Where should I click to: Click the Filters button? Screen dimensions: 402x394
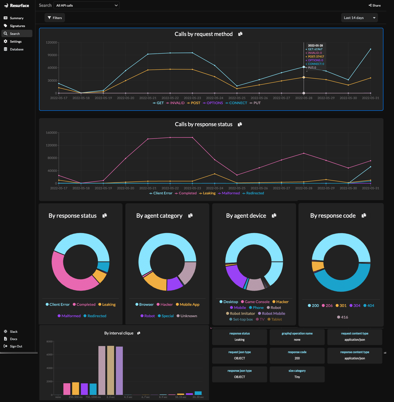tap(55, 18)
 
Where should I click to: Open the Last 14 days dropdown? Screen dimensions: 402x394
tap(359, 18)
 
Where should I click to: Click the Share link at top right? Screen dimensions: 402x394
tap(375, 6)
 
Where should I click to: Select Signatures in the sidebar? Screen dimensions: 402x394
tap(17, 26)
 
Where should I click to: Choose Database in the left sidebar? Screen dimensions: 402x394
tap(17, 49)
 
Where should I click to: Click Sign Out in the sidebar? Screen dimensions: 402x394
tap(16, 346)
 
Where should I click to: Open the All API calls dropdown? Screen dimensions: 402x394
tap(86, 6)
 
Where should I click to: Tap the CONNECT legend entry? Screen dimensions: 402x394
tap(236, 103)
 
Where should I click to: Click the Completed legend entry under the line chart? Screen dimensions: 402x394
tap(186, 193)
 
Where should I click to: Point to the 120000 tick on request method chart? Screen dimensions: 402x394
tap(51, 43)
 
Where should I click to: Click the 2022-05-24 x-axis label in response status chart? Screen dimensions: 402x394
tap(215, 188)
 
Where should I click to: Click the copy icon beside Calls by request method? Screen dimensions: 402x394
tap(240, 34)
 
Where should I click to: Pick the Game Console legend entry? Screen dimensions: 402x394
tap(255, 302)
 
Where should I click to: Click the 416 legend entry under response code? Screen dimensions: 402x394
tap(343, 317)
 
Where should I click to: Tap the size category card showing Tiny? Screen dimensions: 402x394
tap(297, 374)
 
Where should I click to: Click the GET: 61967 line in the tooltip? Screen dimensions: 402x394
tap(315, 49)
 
